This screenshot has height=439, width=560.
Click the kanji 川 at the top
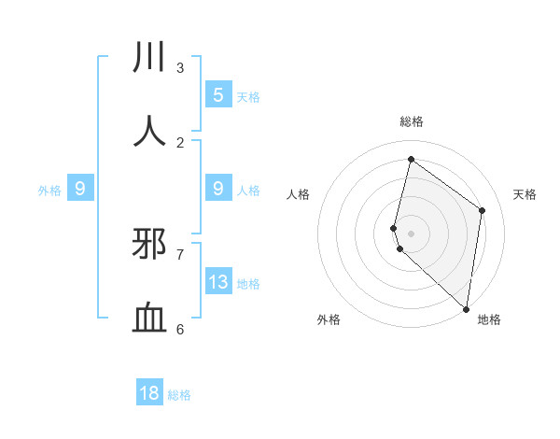click(149, 57)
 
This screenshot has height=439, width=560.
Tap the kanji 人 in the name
click(149, 132)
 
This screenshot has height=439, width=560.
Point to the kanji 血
click(149, 319)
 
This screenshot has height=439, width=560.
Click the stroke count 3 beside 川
click(180, 67)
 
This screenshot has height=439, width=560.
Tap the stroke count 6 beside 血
click(180, 329)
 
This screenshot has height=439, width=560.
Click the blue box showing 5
click(218, 95)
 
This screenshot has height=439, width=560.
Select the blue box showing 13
click(218, 282)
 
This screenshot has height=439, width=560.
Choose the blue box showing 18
click(149, 393)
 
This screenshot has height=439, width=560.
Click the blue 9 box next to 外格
click(80, 189)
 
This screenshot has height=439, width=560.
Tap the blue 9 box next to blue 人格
click(218, 189)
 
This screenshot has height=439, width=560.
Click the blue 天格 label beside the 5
click(248, 96)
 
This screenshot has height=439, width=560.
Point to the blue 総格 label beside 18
click(179, 395)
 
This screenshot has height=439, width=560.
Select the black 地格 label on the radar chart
click(489, 320)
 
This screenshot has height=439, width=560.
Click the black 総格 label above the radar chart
click(412, 121)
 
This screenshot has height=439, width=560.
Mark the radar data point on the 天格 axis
click(483, 210)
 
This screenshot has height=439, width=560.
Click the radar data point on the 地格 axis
click(467, 309)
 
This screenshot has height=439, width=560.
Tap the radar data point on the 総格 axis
click(411, 160)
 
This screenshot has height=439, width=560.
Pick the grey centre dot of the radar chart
click(411, 233)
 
